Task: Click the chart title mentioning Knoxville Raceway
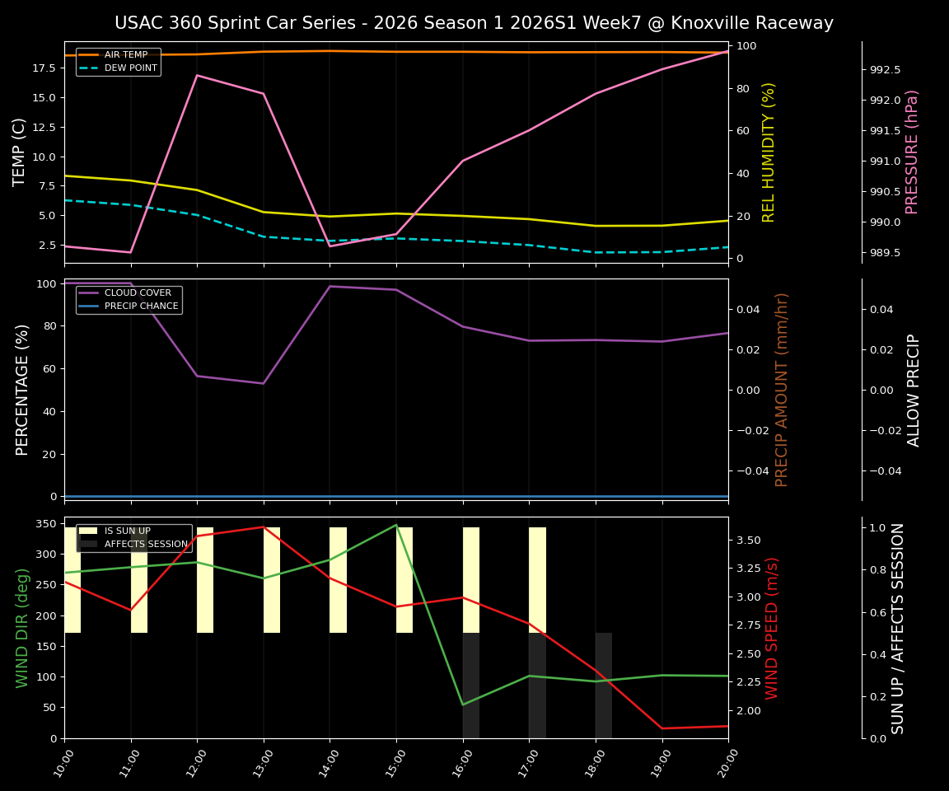[x=474, y=23]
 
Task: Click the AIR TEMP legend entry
[x=124, y=55]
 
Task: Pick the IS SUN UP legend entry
[x=127, y=531]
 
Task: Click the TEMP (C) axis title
[x=20, y=152]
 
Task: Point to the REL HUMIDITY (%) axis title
[x=769, y=152]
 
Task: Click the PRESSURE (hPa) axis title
[x=911, y=152]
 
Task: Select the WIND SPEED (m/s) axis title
[x=772, y=628]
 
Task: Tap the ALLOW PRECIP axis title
[x=914, y=390]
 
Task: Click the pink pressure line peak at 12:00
[x=197, y=76]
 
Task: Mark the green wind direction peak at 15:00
[x=396, y=525]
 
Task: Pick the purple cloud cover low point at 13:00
[x=264, y=383]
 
